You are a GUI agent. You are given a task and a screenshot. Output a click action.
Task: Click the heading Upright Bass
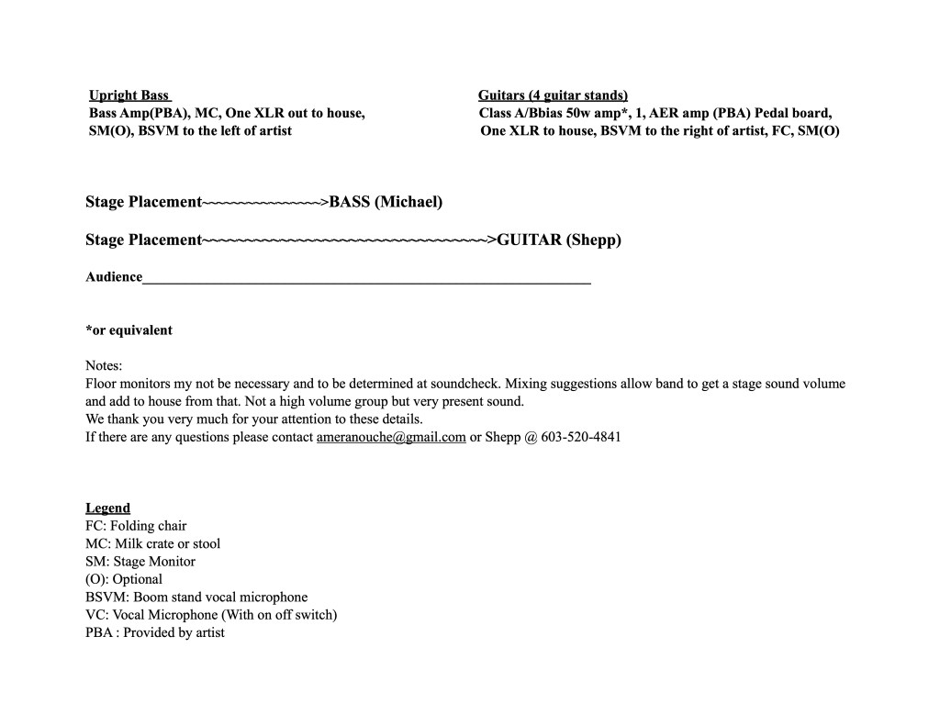[129, 95]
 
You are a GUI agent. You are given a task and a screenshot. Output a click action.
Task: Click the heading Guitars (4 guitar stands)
[553, 95]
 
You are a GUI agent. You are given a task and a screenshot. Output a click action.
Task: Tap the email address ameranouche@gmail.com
[391, 437]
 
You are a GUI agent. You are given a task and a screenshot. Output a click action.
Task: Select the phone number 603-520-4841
[581, 437]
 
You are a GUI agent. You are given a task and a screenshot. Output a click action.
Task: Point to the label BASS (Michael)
[386, 202]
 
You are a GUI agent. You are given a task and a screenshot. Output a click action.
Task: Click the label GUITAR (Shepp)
[559, 240]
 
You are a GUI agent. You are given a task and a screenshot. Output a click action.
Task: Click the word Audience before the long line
[114, 277]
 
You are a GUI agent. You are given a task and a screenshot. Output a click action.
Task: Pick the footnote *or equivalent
[129, 330]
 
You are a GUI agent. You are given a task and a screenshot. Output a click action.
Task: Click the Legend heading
[107, 508]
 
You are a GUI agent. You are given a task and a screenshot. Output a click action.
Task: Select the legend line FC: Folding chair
[136, 526]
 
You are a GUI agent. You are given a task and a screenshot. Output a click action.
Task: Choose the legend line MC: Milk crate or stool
[152, 543]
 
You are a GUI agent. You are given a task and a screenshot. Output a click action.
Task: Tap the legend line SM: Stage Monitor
[140, 562]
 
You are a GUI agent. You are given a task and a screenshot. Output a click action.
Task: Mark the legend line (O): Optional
[124, 579]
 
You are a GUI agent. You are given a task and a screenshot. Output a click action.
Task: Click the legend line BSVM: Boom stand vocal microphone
[196, 598]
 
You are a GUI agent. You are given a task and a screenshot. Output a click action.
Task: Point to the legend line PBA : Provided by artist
[155, 632]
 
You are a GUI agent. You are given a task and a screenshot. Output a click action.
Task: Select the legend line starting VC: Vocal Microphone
[211, 615]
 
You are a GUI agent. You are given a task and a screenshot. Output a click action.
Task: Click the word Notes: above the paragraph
[104, 365]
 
